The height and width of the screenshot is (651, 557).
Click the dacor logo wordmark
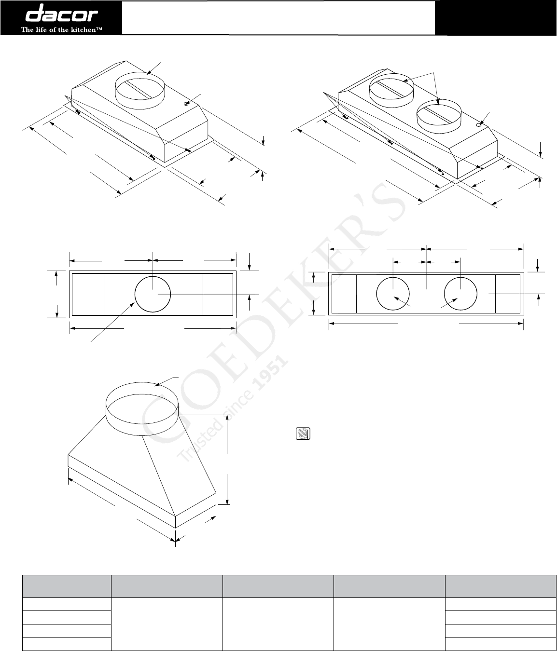[61, 13]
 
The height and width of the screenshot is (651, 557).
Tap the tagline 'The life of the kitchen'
[61, 29]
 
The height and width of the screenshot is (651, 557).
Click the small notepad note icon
[303, 434]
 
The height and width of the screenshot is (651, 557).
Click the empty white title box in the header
[278, 18]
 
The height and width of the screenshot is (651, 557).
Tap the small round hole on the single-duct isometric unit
[186, 103]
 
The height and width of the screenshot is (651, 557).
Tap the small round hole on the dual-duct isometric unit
[478, 125]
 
